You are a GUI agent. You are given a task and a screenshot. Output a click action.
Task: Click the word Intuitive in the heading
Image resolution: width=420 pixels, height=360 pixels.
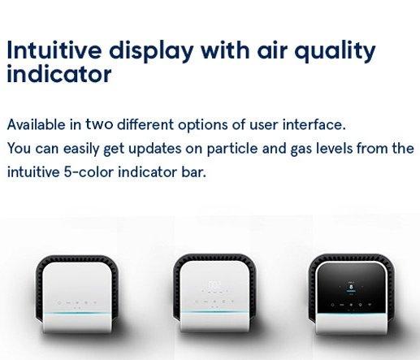pyautogui.click(x=54, y=50)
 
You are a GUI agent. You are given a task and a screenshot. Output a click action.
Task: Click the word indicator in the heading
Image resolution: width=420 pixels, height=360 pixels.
pyautogui.click(x=59, y=73)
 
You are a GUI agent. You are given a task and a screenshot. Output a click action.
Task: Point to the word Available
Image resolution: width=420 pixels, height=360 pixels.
pyautogui.click(x=37, y=124)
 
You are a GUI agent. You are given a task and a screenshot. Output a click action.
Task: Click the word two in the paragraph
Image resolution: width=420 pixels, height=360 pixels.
pyautogui.click(x=99, y=124)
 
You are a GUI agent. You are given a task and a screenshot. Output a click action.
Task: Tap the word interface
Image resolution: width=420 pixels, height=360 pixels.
pyautogui.click(x=314, y=124)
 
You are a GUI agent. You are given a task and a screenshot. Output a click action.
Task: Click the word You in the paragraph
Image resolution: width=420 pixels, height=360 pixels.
pyautogui.click(x=19, y=149)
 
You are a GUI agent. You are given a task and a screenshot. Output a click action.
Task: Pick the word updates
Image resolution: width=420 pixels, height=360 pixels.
pyautogui.click(x=155, y=150)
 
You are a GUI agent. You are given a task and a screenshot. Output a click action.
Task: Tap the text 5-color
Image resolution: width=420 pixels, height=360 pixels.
pyautogui.click(x=89, y=172)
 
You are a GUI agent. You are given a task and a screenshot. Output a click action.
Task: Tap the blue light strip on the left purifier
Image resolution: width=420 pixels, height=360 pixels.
pyautogui.click(x=77, y=314)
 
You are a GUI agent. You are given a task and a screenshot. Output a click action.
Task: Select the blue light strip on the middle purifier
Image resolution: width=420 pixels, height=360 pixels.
pyautogui.click(x=214, y=312)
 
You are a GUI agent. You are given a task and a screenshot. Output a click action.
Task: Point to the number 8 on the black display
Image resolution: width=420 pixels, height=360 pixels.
pyautogui.click(x=351, y=286)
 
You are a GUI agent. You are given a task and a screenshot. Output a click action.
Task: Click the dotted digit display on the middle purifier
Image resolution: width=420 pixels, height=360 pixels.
pyautogui.click(x=214, y=285)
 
